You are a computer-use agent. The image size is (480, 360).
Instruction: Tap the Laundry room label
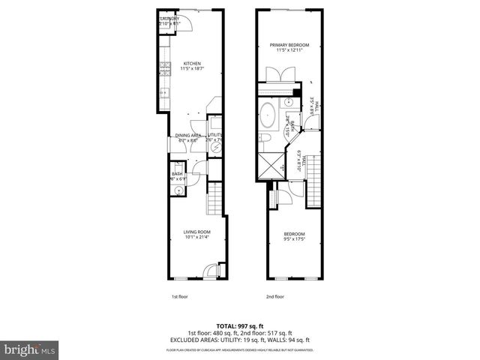[x=169, y=18]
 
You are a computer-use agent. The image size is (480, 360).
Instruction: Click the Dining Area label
[x=187, y=136]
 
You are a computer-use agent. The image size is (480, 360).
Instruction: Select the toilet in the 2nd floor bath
[x=265, y=139]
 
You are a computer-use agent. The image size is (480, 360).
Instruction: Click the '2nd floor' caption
[x=276, y=296]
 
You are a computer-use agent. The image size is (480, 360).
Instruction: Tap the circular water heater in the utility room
[x=216, y=148]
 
